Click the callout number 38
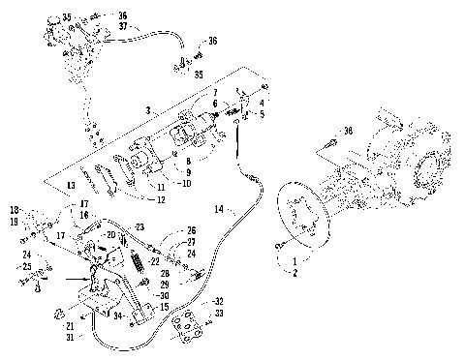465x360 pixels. tap(349, 131)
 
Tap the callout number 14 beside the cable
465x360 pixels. tap(219, 208)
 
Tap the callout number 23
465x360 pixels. tap(139, 226)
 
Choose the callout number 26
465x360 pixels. tap(192, 230)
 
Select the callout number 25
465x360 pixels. tap(27, 267)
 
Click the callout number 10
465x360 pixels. tap(186, 182)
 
